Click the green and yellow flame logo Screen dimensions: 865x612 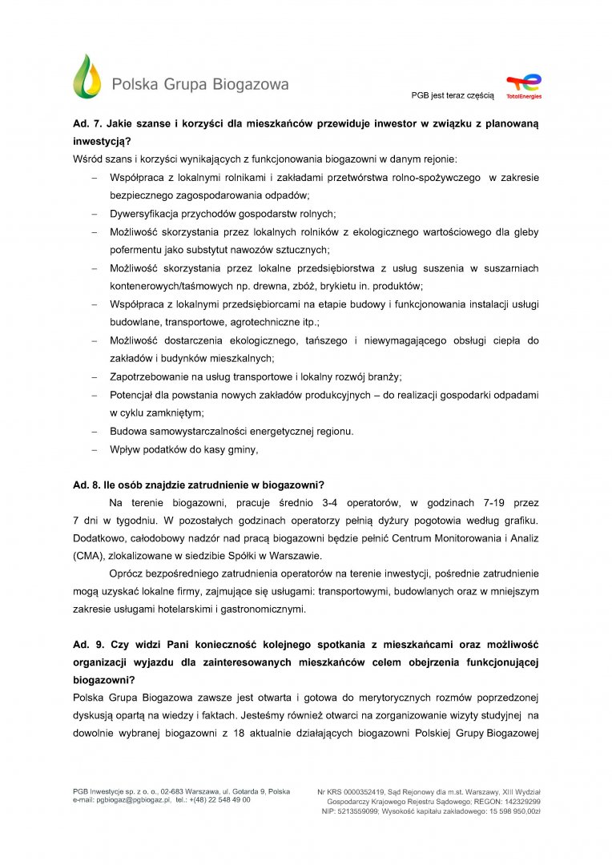click(87, 77)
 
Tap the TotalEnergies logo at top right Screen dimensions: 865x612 click(524, 86)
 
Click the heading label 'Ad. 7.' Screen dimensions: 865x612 click(88, 124)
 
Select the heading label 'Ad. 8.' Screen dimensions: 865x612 click(88, 485)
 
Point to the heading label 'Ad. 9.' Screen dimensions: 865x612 click(88, 645)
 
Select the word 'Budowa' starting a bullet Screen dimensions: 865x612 click(127, 431)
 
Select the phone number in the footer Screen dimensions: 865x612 click(222, 800)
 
